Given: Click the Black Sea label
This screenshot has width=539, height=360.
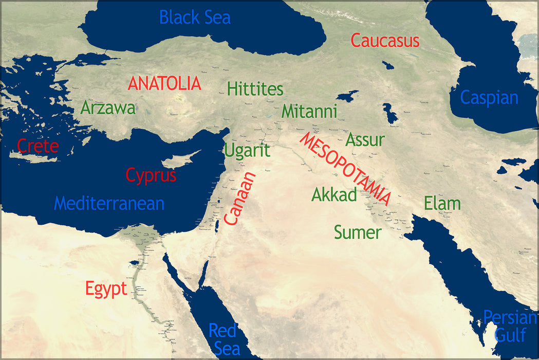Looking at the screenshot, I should click(195, 17).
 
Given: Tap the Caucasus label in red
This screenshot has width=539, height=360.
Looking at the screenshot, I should click(385, 41).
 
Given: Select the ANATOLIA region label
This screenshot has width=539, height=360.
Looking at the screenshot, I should click(164, 83).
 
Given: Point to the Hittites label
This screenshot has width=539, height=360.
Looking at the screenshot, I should click(255, 89).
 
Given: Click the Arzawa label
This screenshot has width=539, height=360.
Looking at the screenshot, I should click(108, 108).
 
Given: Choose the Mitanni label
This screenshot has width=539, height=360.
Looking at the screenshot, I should click(309, 111).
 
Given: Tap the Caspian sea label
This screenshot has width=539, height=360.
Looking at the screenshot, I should click(489, 97).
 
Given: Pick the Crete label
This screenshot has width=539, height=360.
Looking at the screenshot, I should click(38, 146).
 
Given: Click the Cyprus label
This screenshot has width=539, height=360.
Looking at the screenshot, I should click(151, 175).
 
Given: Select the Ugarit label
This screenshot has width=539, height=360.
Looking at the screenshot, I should click(247, 151).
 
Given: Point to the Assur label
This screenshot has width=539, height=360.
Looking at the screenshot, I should click(365, 139).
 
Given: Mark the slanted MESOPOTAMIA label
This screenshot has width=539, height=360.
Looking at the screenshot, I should click(346, 169).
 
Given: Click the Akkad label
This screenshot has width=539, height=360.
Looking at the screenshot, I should click(334, 195).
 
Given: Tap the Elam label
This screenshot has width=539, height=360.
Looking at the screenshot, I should click(442, 203).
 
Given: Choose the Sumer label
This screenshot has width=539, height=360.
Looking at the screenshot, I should click(358, 232).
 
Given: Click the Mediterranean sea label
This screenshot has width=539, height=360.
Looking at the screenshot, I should click(109, 203).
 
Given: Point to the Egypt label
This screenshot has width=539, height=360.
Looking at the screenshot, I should click(106, 289).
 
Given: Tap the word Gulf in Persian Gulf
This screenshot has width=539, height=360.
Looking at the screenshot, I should click(510, 335).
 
